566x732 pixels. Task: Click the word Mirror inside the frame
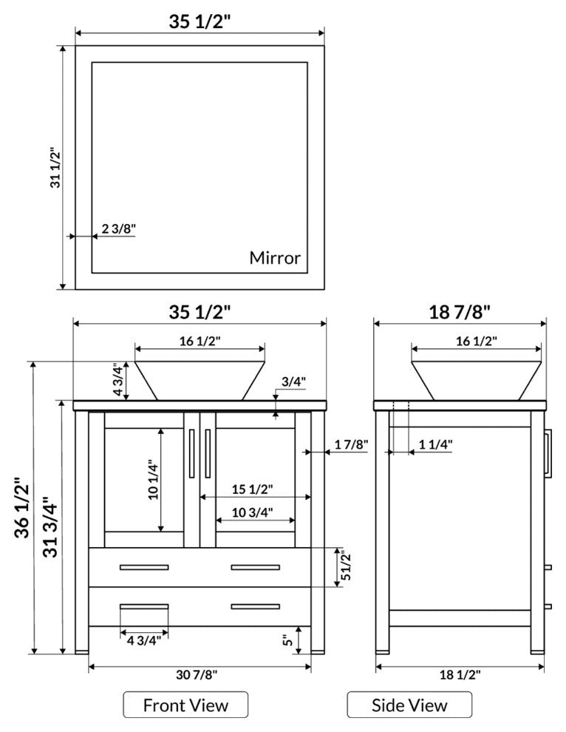coord(275,258)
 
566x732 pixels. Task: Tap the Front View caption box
coord(185,705)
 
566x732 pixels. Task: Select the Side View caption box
coord(409,705)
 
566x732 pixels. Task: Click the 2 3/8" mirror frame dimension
coord(118,228)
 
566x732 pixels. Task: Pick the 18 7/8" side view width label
coord(460,312)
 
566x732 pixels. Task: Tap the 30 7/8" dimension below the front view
coord(197,674)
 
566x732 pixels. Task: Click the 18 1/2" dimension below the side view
coord(460,674)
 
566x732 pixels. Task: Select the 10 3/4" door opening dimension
coord(253,512)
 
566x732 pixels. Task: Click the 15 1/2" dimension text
coord(253,489)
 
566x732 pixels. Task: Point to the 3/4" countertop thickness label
coord(293,382)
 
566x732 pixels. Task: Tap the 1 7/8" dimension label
coord(352,444)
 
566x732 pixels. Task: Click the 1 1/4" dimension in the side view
coord(435,444)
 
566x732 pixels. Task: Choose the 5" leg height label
coord(288,640)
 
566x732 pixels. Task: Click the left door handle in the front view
coord(191,453)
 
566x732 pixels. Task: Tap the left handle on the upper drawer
coord(144,567)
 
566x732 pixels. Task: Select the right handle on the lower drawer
coord(255,606)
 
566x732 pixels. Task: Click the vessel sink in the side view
coord(477,381)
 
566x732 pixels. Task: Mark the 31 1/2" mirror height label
coord(55,168)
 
